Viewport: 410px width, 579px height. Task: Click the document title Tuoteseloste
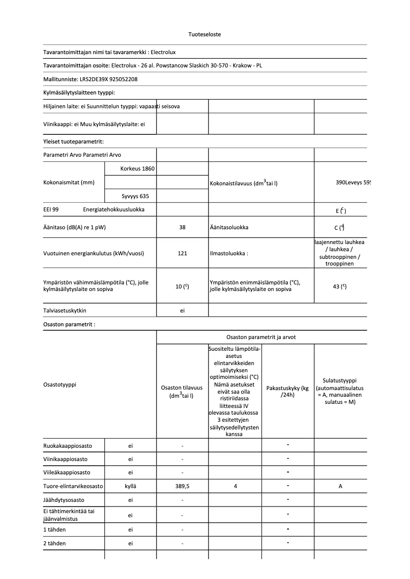(x=204, y=34)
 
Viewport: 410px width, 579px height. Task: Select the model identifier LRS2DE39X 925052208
(x=108, y=79)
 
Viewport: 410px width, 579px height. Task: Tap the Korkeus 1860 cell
(x=137, y=168)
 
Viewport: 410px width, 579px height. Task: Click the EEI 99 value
(x=51, y=209)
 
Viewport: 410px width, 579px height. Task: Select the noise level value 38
(x=183, y=227)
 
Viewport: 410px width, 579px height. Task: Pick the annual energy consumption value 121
(x=183, y=253)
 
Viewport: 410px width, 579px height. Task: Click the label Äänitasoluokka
(x=229, y=227)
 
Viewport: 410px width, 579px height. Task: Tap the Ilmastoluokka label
(x=229, y=253)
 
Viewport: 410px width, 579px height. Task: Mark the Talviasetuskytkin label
(x=65, y=310)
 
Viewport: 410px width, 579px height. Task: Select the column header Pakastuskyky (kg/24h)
(x=287, y=392)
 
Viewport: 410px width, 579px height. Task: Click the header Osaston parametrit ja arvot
(x=261, y=337)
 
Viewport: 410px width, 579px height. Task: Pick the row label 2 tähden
(x=55, y=543)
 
